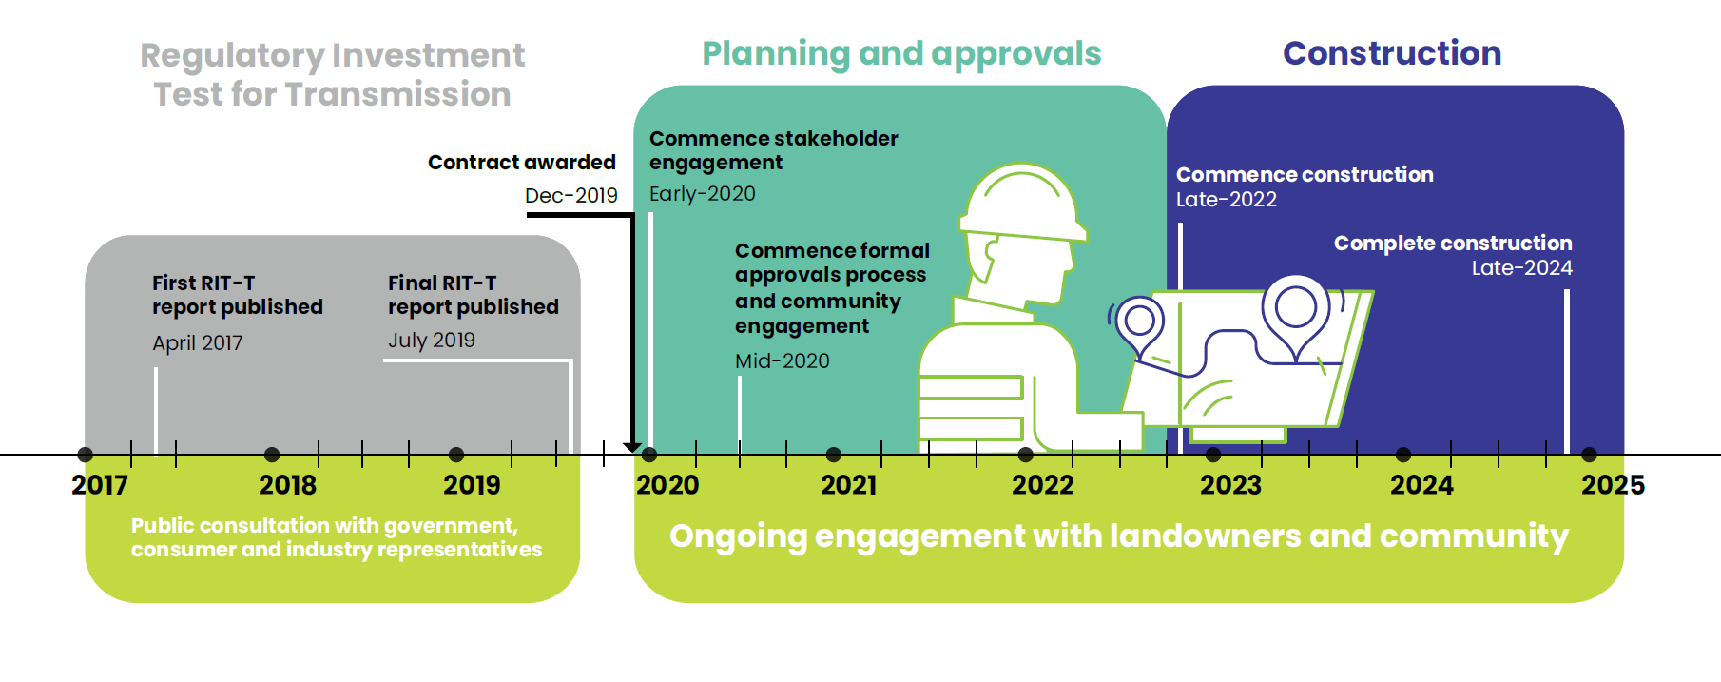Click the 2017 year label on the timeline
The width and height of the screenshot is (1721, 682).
[100, 485]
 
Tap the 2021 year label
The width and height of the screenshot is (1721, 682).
[848, 485]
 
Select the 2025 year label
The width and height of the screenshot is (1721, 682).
[1613, 485]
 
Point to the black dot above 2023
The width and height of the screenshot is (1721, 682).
[1213, 455]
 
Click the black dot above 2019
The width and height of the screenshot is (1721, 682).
[456, 455]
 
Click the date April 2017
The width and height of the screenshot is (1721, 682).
[198, 342]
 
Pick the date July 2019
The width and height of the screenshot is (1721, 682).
[432, 340]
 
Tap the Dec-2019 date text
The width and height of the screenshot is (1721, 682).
[570, 195]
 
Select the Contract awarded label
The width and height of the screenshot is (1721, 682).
[521, 163]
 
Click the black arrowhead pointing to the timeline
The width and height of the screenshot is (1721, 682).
[632, 447]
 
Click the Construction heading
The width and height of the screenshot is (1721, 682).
[1392, 53]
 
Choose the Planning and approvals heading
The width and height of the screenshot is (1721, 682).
[901, 53]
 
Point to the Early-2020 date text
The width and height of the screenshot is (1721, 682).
[703, 194]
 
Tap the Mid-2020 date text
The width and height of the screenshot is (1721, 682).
[783, 361]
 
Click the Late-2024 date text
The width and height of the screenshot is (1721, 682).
[1521, 268]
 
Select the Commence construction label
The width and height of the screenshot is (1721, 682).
[1305, 175]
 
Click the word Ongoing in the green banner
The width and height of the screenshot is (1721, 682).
[738, 536]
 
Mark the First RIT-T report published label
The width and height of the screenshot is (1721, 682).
[238, 295]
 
